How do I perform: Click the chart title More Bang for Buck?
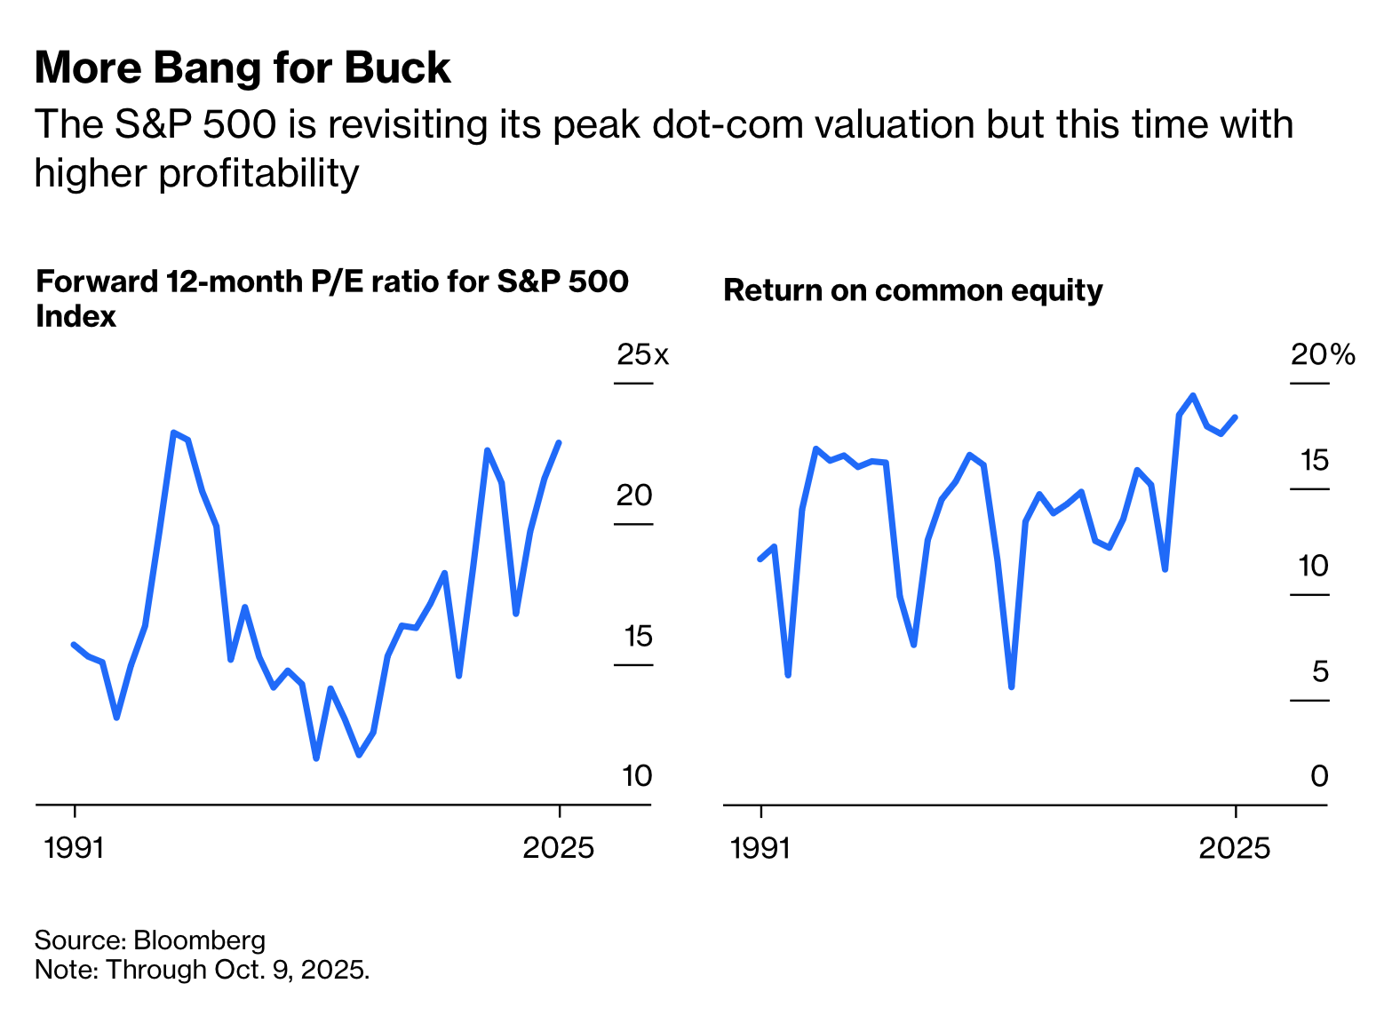tap(243, 68)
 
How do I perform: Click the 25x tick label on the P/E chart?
tap(642, 355)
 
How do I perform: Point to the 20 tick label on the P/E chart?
tap(634, 496)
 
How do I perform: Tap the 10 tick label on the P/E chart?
tap(637, 776)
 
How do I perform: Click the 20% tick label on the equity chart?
tap(1323, 355)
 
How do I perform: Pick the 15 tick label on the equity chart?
tap(1314, 460)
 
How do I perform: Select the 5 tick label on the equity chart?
tap(1320, 671)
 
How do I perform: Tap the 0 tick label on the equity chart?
tap(1319, 776)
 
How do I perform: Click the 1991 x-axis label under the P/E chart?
tap(75, 848)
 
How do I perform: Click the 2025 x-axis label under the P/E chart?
tap(558, 848)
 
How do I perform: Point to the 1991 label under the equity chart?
tap(760, 848)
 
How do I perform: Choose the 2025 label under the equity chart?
tap(1235, 848)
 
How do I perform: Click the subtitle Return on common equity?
tap(912, 290)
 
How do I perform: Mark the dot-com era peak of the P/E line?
tap(174, 432)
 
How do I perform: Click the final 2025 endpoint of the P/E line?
tap(559, 442)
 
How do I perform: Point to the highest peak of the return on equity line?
tap(1193, 395)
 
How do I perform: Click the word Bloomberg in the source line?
tap(199, 940)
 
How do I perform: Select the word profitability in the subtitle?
tap(259, 173)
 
